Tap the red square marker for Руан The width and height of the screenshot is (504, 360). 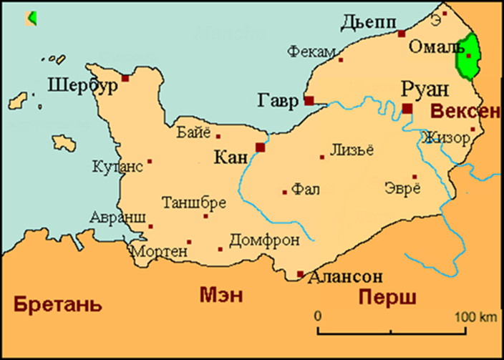click(x=407, y=109)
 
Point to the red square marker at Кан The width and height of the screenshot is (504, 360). click(x=260, y=147)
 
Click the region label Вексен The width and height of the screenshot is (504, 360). click(x=464, y=112)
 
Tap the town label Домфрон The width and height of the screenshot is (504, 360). click(x=264, y=240)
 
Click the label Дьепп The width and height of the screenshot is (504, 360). click(x=367, y=22)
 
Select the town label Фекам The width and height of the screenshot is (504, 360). click(x=311, y=51)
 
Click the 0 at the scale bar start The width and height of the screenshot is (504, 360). click(x=318, y=316)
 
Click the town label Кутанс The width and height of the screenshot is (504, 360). click(x=118, y=167)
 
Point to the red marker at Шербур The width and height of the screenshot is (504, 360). click(x=125, y=78)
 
